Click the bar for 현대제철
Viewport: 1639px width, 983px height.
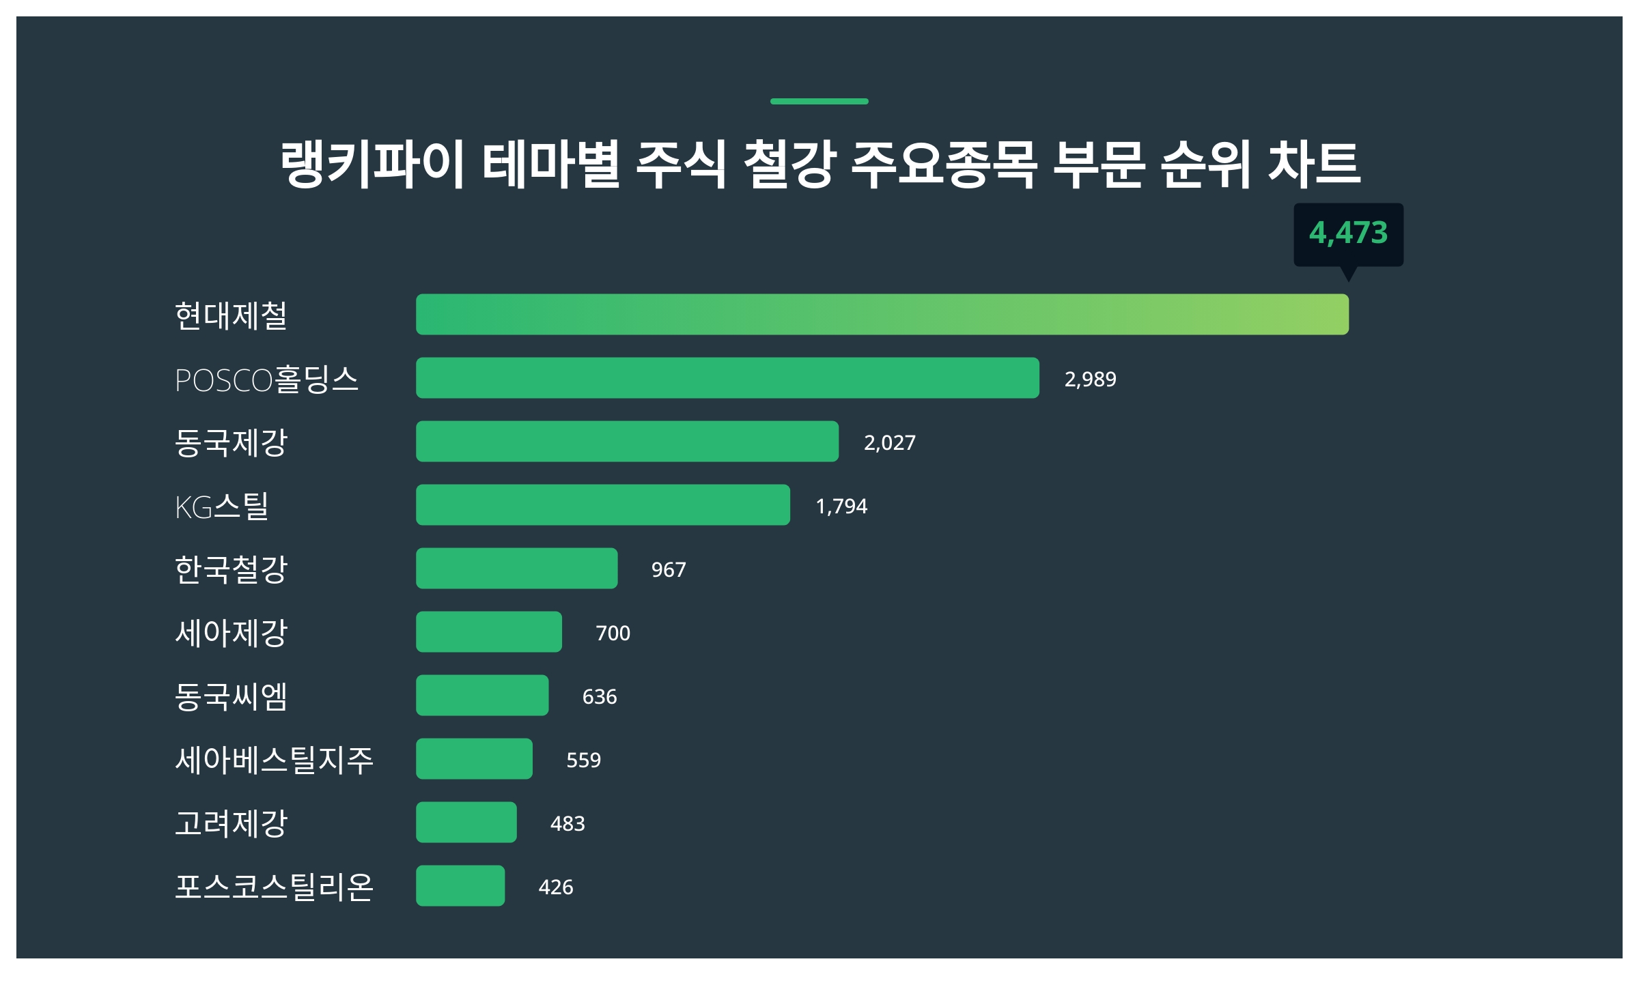[x=882, y=314]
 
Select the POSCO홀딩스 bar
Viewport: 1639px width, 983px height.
[x=727, y=377]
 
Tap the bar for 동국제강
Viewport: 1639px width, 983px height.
[x=627, y=441]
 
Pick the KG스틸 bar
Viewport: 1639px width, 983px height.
[x=602, y=504]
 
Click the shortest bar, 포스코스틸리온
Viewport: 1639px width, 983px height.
[x=460, y=885]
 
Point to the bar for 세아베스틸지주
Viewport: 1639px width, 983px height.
[x=474, y=758]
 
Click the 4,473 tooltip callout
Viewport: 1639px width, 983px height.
[x=1348, y=233]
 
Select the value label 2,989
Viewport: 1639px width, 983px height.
[x=1090, y=379]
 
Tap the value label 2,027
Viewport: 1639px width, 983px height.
[x=889, y=442]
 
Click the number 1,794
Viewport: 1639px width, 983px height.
[x=841, y=506]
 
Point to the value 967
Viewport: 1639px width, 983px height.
[x=668, y=569]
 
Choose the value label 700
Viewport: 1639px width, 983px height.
[x=613, y=633]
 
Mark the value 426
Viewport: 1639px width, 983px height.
[x=555, y=887]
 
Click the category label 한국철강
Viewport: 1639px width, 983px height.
[x=231, y=569]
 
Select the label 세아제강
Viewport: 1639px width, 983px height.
[x=231, y=633]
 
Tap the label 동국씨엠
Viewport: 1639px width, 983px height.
[x=231, y=696]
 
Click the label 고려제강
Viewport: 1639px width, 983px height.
[x=231, y=823]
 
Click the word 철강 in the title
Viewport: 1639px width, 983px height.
[x=789, y=164]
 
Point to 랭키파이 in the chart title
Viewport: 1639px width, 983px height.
[x=372, y=164]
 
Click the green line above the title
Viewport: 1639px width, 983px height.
[x=819, y=101]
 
